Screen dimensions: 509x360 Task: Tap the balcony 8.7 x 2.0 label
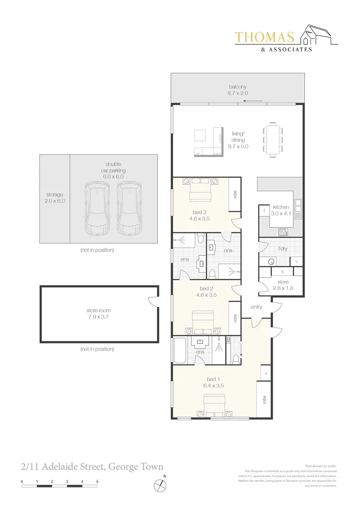pyautogui.click(x=238, y=90)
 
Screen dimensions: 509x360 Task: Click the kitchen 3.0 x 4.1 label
pyautogui.click(x=281, y=210)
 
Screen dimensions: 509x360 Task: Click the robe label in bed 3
pyautogui.click(x=234, y=194)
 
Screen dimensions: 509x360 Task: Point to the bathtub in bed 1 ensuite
pyautogui.click(x=179, y=350)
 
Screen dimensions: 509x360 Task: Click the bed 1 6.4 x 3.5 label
pyautogui.click(x=214, y=382)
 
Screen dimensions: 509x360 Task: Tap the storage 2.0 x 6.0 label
pyautogui.click(x=55, y=197)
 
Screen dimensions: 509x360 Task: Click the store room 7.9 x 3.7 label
pyautogui.click(x=98, y=314)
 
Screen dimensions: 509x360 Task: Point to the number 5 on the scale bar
pyautogui.click(x=97, y=481)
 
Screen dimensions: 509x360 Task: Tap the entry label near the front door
pyautogui.click(x=256, y=307)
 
